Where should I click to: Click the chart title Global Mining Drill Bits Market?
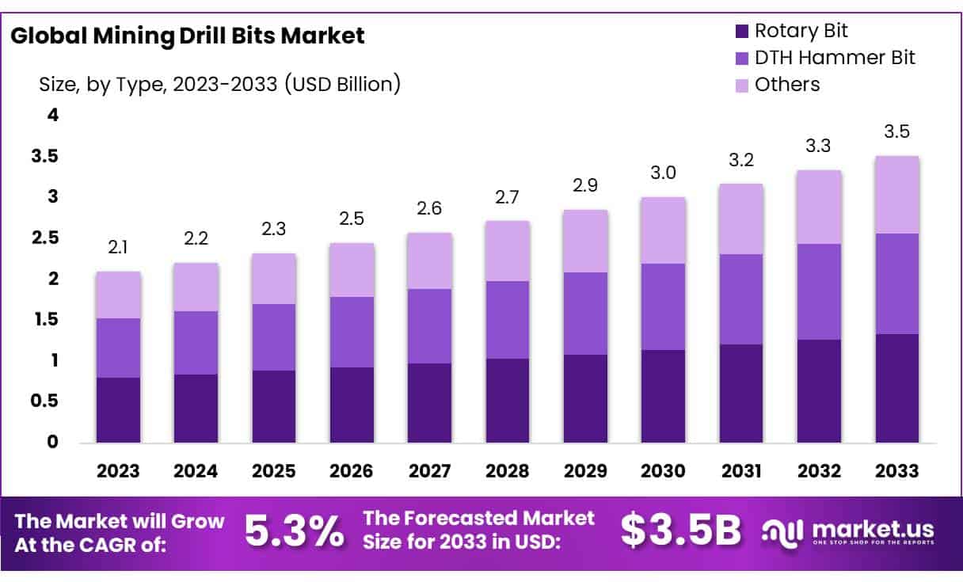click(x=188, y=36)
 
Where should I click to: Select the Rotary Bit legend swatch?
click(x=742, y=32)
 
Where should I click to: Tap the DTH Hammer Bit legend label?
click(x=835, y=57)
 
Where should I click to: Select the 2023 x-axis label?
click(x=118, y=471)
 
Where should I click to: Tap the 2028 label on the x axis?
click(x=507, y=471)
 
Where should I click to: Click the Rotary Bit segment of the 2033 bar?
click(x=896, y=388)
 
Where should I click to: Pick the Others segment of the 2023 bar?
click(x=118, y=295)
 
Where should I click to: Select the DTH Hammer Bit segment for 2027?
click(x=429, y=326)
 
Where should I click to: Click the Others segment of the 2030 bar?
click(x=663, y=230)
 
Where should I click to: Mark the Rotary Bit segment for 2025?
click(x=273, y=406)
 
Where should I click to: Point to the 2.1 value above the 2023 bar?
click(x=118, y=249)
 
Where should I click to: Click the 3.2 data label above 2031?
click(x=740, y=161)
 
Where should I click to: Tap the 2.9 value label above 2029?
click(x=585, y=185)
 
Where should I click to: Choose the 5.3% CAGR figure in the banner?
click(x=294, y=531)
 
